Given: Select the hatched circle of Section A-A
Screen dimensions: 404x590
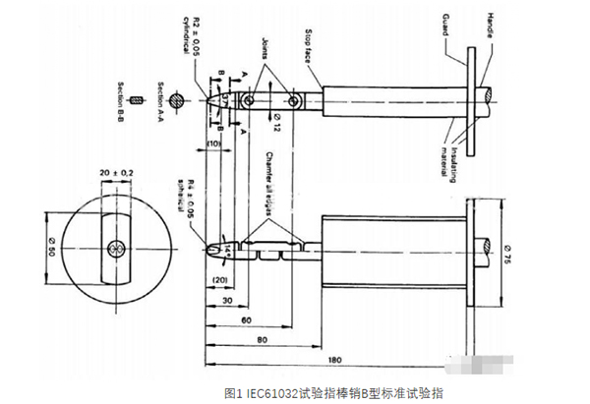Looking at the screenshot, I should pyautogui.click(x=173, y=99).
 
